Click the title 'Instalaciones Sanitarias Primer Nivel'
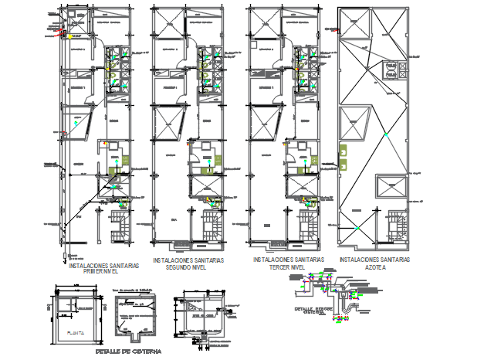104,268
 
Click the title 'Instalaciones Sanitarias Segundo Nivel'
188,264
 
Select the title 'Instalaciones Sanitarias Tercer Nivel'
289,263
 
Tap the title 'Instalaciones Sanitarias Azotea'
375,263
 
